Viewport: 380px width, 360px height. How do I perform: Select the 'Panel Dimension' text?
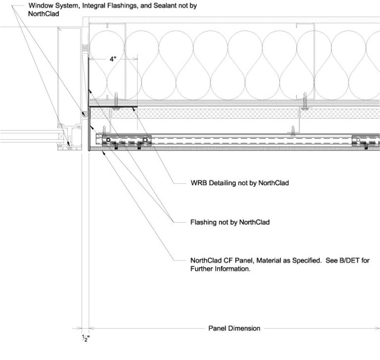tap(234, 328)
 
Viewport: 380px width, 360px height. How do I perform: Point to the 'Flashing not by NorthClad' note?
tap(230, 222)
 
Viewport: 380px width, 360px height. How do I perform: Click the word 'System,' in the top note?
tap(68, 6)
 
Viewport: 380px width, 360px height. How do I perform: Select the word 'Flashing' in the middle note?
tap(203, 222)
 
